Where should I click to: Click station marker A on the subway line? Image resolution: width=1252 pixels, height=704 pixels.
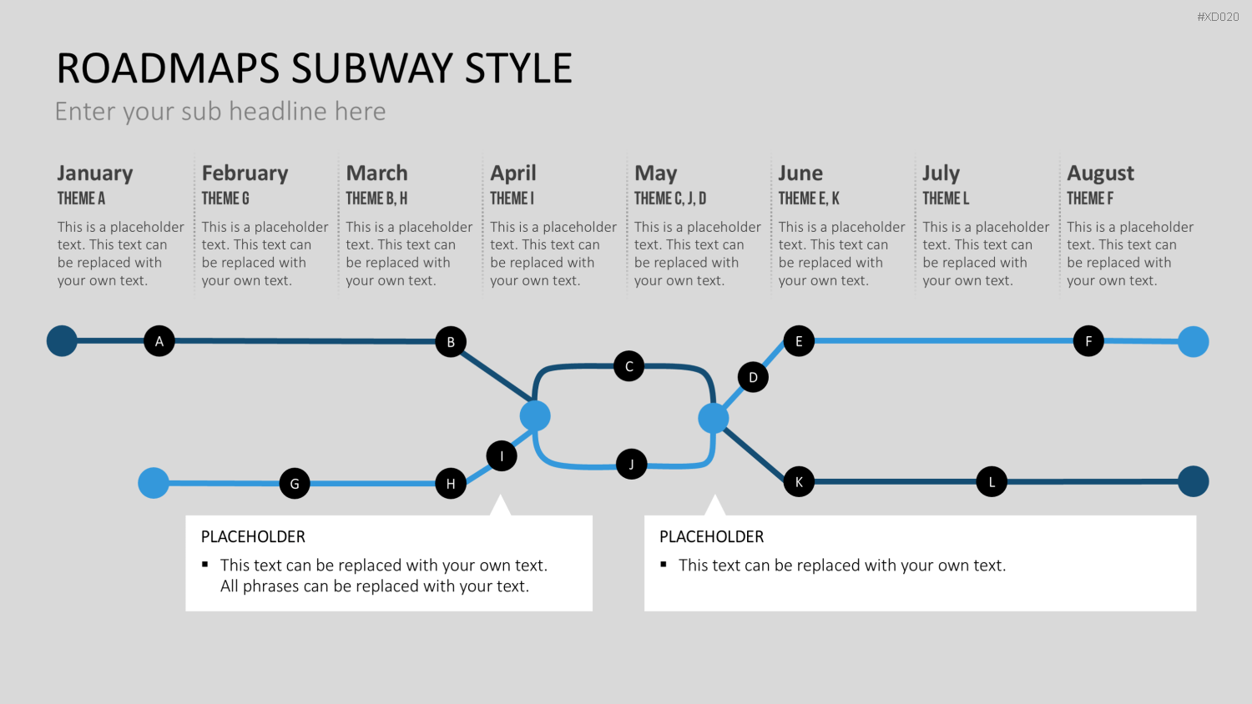tap(159, 341)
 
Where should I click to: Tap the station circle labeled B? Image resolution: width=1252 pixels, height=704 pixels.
tap(451, 341)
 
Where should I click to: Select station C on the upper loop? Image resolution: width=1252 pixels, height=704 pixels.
tap(629, 366)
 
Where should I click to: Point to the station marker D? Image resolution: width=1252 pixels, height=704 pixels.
tap(753, 377)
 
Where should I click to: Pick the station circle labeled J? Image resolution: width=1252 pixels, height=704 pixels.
tap(632, 464)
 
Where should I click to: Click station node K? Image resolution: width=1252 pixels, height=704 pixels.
tap(799, 481)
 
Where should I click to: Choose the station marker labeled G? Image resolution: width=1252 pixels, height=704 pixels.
tap(295, 483)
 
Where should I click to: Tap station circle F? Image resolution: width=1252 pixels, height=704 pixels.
tap(1088, 341)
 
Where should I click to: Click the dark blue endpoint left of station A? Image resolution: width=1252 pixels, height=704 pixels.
tap(62, 341)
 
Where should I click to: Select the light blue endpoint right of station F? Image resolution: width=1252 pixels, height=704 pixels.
tap(1194, 341)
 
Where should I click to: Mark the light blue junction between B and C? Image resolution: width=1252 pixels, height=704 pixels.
tap(535, 416)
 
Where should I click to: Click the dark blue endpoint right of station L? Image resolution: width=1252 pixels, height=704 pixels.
tap(1194, 481)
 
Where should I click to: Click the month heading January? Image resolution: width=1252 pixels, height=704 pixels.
tap(95, 173)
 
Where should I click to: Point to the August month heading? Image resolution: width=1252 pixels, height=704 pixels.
tap(1101, 173)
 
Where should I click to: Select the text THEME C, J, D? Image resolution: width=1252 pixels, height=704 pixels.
tap(670, 199)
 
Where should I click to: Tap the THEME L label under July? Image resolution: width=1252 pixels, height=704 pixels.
tap(946, 199)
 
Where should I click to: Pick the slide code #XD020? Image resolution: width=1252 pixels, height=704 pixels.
tap(1218, 17)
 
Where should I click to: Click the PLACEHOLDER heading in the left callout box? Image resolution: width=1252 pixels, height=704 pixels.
tap(253, 536)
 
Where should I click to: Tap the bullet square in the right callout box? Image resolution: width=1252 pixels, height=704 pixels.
tap(664, 565)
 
